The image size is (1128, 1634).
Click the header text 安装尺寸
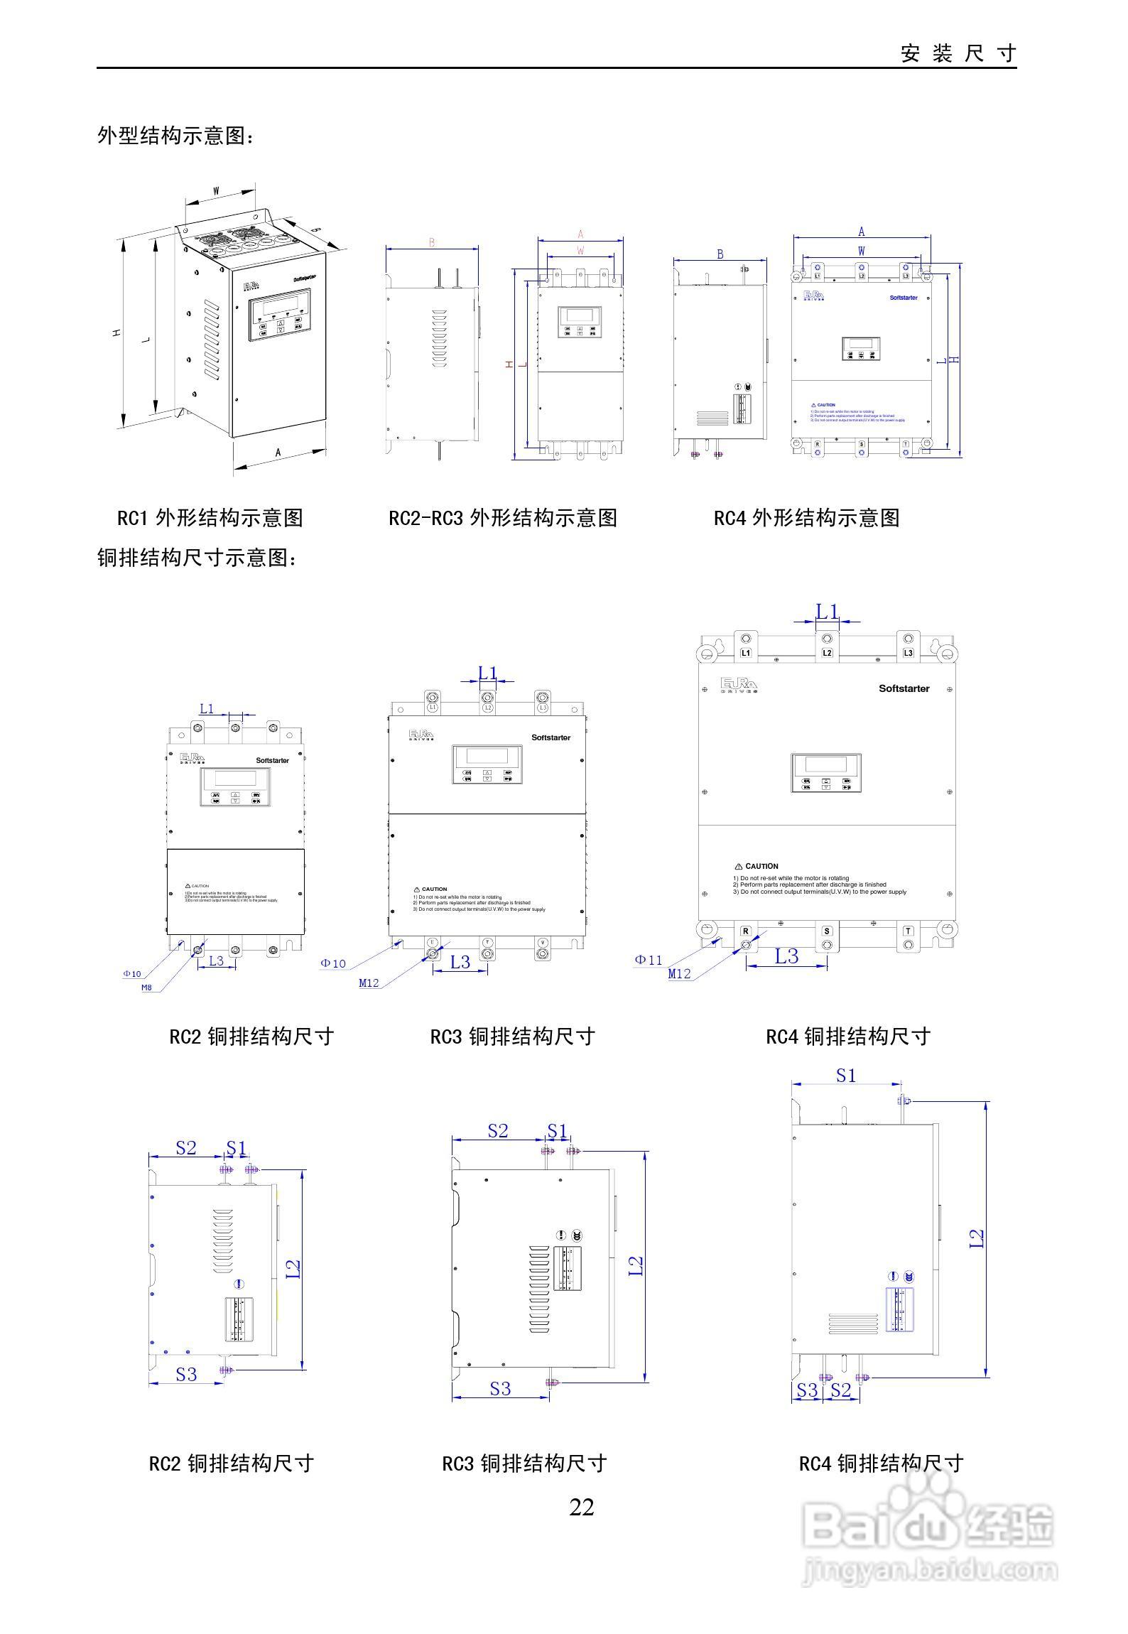tap(958, 53)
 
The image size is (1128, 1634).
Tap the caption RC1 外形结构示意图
tap(210, 518)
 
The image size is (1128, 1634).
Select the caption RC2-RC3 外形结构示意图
tap(502, 518)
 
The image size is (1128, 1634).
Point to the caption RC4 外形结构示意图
tap(806, 518)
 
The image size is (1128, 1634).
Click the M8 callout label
tap(146, 988)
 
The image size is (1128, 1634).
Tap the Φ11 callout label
tap(648, 960)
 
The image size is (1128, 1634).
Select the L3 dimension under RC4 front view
tap(786, 956)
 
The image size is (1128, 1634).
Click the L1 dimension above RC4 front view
tap(827, 611)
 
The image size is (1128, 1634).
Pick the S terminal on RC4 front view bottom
tap(827, 931)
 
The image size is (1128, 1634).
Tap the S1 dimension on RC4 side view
tap(845, 1076)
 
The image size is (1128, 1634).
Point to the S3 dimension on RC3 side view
tap(500, 1388)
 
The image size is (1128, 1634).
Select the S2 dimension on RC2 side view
tap(185, 1148)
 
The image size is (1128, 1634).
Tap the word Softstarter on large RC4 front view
tap(904, 688)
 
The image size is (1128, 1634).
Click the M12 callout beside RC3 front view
tap(369, 983)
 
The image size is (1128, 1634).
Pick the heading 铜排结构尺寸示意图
tap(197, 558)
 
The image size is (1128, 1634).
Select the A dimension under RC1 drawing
tap(278, 452)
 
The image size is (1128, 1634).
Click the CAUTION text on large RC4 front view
tap(761, 867)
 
